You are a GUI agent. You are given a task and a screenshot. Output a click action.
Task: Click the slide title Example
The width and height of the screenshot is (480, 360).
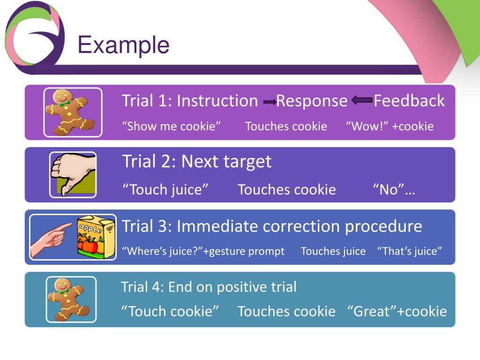123,45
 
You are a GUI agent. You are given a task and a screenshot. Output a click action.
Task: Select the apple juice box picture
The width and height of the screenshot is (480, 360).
96,237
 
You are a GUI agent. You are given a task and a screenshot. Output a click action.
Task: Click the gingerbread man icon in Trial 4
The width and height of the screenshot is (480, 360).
71,299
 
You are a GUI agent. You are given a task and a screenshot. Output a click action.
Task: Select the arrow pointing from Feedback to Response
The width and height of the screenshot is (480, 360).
361,100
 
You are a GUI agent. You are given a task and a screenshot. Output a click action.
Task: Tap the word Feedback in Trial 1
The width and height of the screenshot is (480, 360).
409,101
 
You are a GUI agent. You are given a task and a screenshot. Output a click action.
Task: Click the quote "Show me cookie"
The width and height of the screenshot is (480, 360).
171,126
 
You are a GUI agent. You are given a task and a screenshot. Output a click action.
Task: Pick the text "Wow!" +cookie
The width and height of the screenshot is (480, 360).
390,126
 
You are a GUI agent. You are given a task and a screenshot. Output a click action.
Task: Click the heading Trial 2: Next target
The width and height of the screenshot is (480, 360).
196,161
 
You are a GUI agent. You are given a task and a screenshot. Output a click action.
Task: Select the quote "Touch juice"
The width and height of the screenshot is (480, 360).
165,189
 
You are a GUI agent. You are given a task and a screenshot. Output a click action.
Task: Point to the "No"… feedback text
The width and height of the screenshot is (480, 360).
394,189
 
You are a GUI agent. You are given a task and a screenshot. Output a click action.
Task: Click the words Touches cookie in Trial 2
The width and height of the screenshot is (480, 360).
286,189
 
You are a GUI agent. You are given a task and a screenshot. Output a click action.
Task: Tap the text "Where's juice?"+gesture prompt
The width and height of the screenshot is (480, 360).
203,251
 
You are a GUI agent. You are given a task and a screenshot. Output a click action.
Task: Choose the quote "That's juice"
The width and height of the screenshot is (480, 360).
409,251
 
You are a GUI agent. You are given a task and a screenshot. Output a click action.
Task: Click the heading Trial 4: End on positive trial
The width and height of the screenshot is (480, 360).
209,287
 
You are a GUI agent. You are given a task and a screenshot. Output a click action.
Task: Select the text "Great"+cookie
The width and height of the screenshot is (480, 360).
397,311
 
